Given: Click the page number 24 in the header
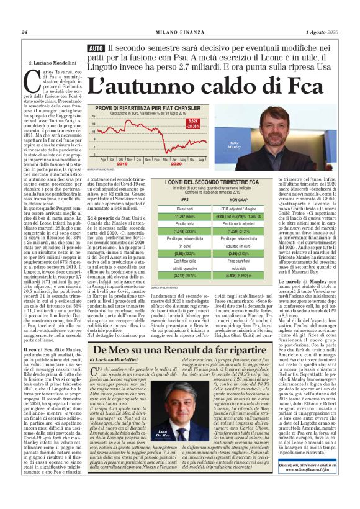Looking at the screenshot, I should [x=24, y=32].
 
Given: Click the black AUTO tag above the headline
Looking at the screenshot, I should [x=96, y=48].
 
